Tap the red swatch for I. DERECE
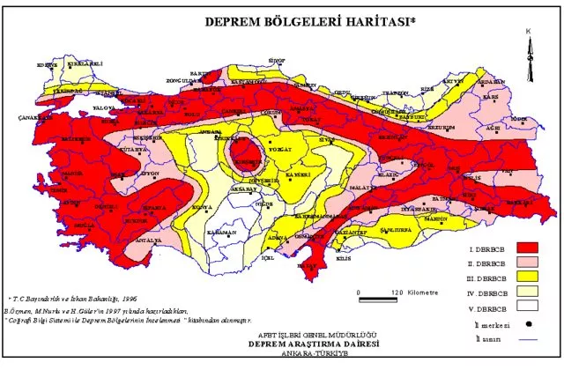tap(528, 247)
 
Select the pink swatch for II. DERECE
tap(528, 263)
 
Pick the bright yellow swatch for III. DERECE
tap(528, 277)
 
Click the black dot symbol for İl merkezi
tap(528, 324)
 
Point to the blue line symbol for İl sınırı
tap(528, 338)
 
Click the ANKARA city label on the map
tap(211, 131)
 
